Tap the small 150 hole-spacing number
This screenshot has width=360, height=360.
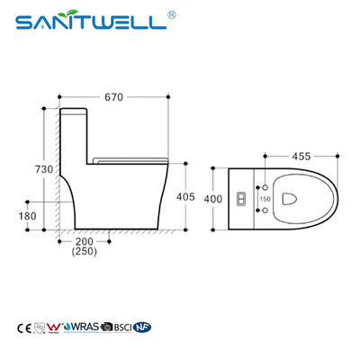[265, 197]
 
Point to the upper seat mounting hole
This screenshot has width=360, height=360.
[265, 185]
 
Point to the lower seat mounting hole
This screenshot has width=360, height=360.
[265, 209]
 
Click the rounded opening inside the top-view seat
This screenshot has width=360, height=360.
[291, 197]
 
